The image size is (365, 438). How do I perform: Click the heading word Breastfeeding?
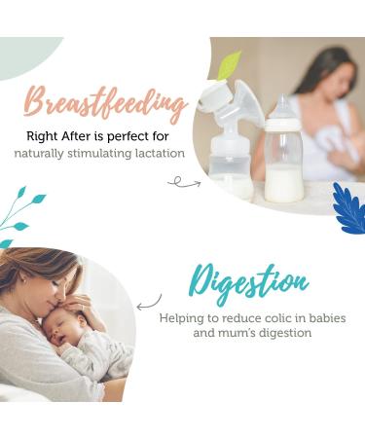point(105,102)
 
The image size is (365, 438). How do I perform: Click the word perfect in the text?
point(139,136)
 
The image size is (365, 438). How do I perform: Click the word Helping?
point(185,317)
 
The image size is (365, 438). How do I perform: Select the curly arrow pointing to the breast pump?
point(183,181)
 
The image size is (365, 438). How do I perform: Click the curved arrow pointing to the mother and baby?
point(149,302)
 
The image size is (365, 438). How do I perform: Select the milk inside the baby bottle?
point(283,181)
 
